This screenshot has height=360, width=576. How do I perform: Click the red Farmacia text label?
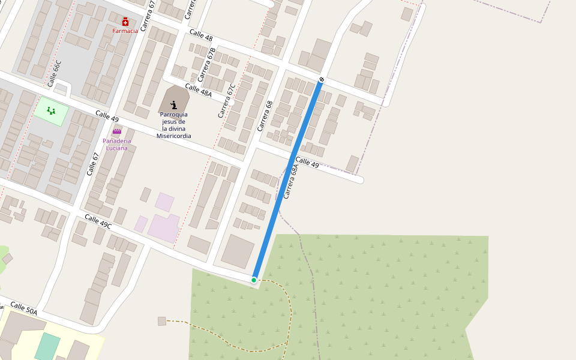[125, 31]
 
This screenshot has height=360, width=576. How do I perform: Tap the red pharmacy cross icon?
[125, 22]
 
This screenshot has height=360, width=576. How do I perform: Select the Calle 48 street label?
[201, 35]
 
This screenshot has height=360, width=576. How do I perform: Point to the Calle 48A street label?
[198, 91]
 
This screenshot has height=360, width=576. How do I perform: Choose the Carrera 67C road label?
[227, 100]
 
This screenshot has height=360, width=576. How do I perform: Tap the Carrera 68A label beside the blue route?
[290, 182]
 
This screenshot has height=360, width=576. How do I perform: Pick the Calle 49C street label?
[98, 221]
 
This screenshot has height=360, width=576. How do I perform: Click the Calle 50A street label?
[23, 308]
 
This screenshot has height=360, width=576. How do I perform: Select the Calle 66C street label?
[54, 74]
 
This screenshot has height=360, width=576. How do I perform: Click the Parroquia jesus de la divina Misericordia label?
[173, 125]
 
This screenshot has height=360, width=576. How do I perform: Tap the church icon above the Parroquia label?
[173, 105]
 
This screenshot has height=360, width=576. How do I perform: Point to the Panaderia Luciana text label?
[116, 144]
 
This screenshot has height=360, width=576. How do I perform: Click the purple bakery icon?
[116, 131]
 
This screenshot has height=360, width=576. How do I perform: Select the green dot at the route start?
[254, 280]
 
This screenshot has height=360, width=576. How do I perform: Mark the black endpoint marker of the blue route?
[322, 79]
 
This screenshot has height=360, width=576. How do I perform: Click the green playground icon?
[51, 110]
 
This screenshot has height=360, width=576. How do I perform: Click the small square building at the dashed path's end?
[161, 321]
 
